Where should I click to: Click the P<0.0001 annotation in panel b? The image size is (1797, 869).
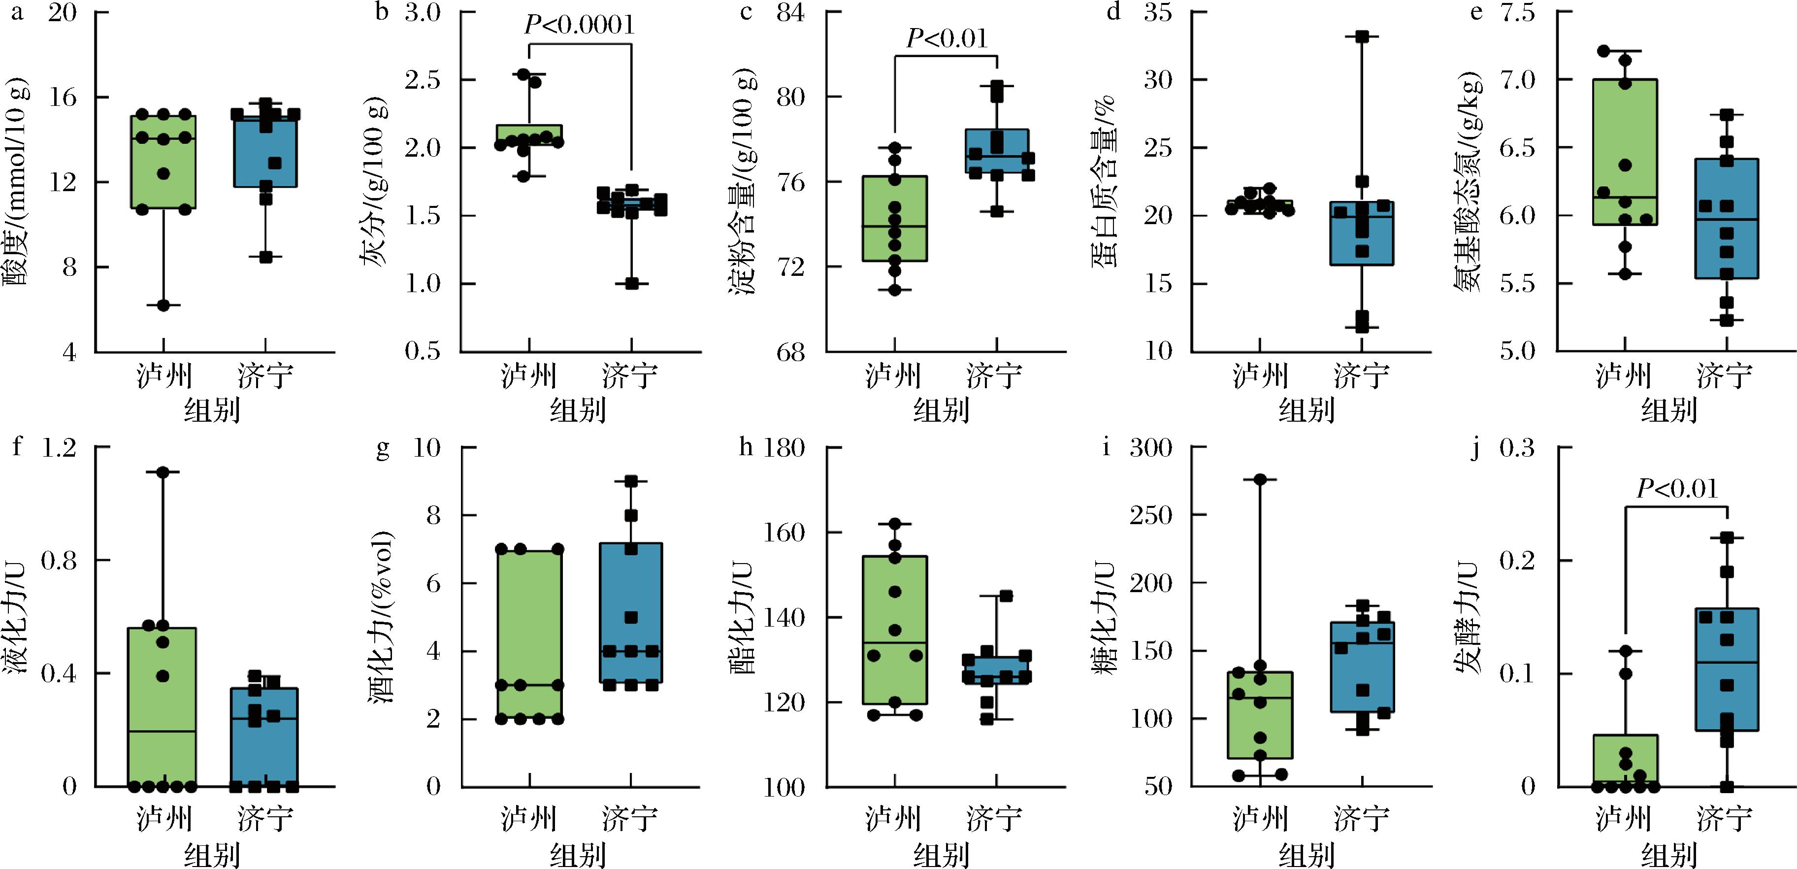coord(580,26)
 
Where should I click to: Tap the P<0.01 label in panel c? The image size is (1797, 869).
coord(947,38)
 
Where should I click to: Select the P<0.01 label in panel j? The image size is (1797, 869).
coord(1677,489)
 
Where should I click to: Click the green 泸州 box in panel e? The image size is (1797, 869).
coord(1626,152)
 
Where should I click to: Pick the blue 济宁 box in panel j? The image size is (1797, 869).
coord(1727,669)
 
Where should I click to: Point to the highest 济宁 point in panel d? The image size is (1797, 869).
coord(1362,37)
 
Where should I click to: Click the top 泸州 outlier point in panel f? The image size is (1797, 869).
coord(163,472)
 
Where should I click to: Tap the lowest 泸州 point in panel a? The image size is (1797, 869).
coord(163,305)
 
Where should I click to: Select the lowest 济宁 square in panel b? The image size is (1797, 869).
coord(631,283)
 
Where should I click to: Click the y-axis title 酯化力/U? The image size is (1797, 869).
coord(744,617)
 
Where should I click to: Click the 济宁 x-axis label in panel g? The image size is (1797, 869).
coord(630,818)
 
